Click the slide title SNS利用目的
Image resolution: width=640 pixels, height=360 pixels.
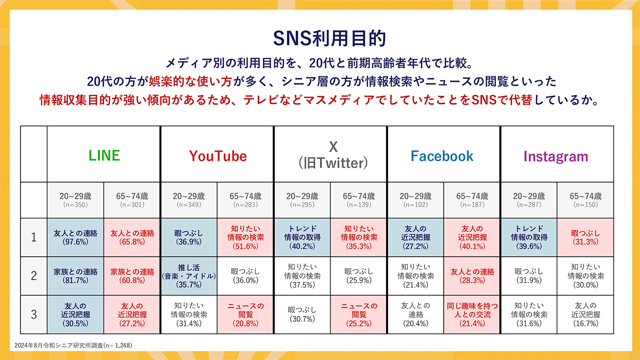coord(329,38)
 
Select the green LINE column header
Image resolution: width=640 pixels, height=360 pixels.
coord(104,156)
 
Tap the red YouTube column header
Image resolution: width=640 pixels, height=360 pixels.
coord(218,156)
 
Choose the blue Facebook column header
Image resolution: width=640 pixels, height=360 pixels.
coord(442,156)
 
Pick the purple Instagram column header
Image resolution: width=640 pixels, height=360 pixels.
coord(556,157)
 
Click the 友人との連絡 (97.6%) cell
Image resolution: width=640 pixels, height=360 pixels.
coord(76,238)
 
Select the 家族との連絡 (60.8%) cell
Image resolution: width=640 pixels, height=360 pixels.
coord(132,276)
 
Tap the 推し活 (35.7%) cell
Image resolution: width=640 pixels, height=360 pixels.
coord(189,276)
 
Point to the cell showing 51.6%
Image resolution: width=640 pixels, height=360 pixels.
coord(245,238)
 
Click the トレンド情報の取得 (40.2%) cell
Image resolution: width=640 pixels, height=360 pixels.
coord(302,238)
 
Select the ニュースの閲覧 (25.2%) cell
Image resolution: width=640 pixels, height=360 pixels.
coord(359,314)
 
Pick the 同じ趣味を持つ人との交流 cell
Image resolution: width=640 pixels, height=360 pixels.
coord(472,314)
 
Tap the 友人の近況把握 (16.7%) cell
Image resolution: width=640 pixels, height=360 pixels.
coord(585,314)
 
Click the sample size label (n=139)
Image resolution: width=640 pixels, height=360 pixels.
coord(359,205)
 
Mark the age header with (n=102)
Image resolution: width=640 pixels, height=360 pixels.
coord(416,200)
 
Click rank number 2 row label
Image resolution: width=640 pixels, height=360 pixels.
coord(34,276)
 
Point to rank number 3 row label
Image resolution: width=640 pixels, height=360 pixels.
coord(34,314)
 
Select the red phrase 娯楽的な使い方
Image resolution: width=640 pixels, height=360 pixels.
coord(190,82)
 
